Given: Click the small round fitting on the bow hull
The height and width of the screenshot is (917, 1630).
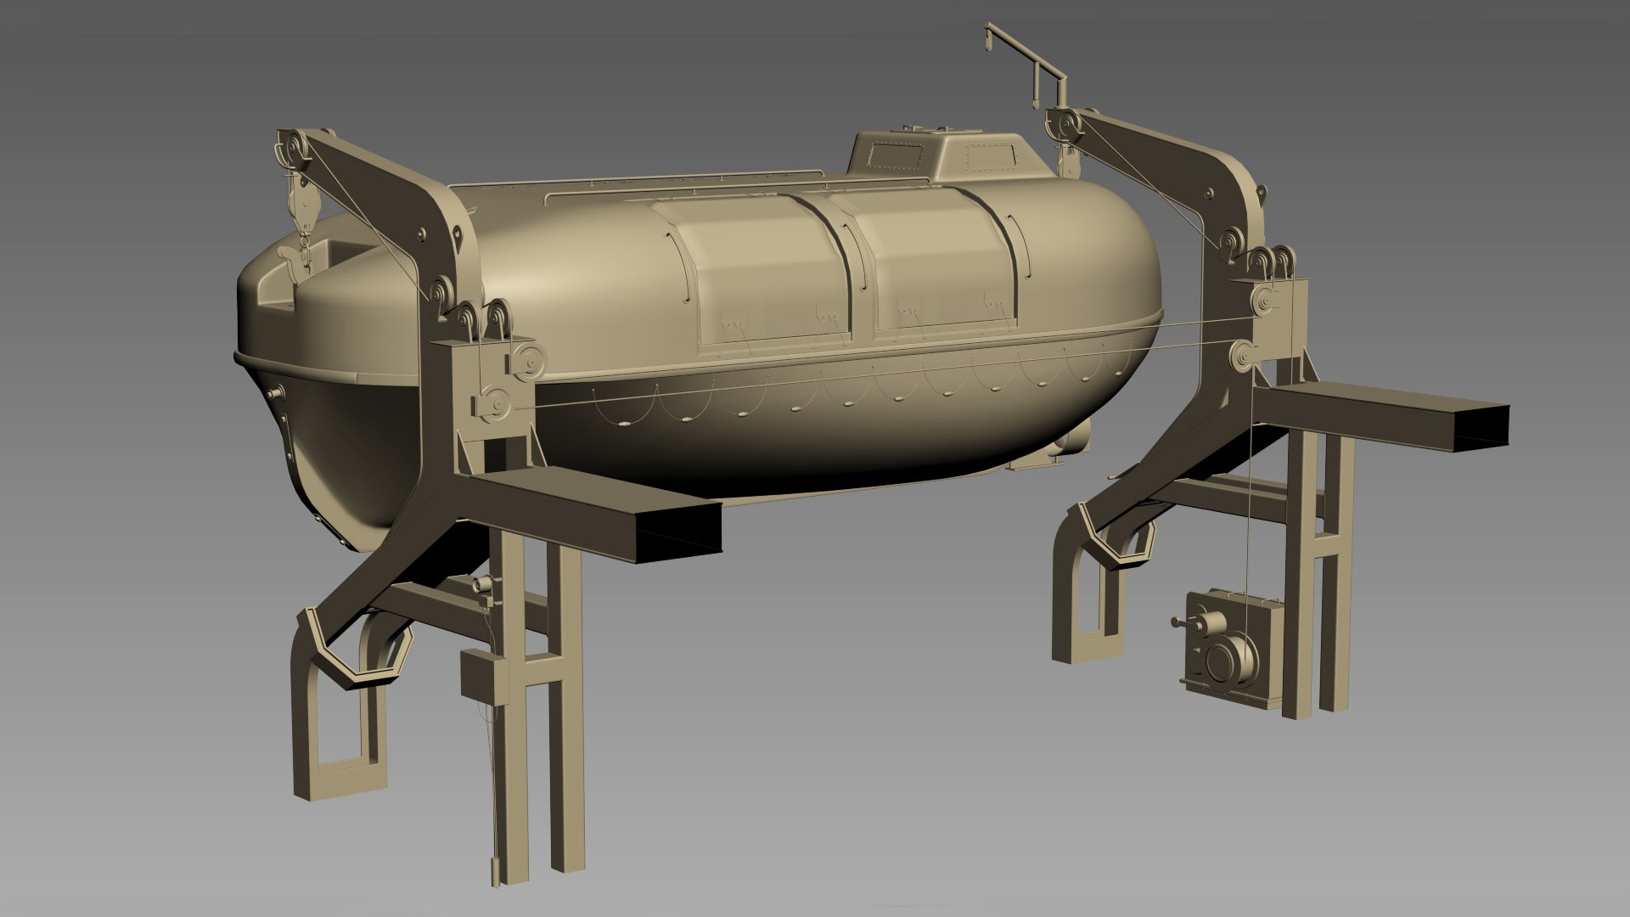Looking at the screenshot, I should [274, 394].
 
